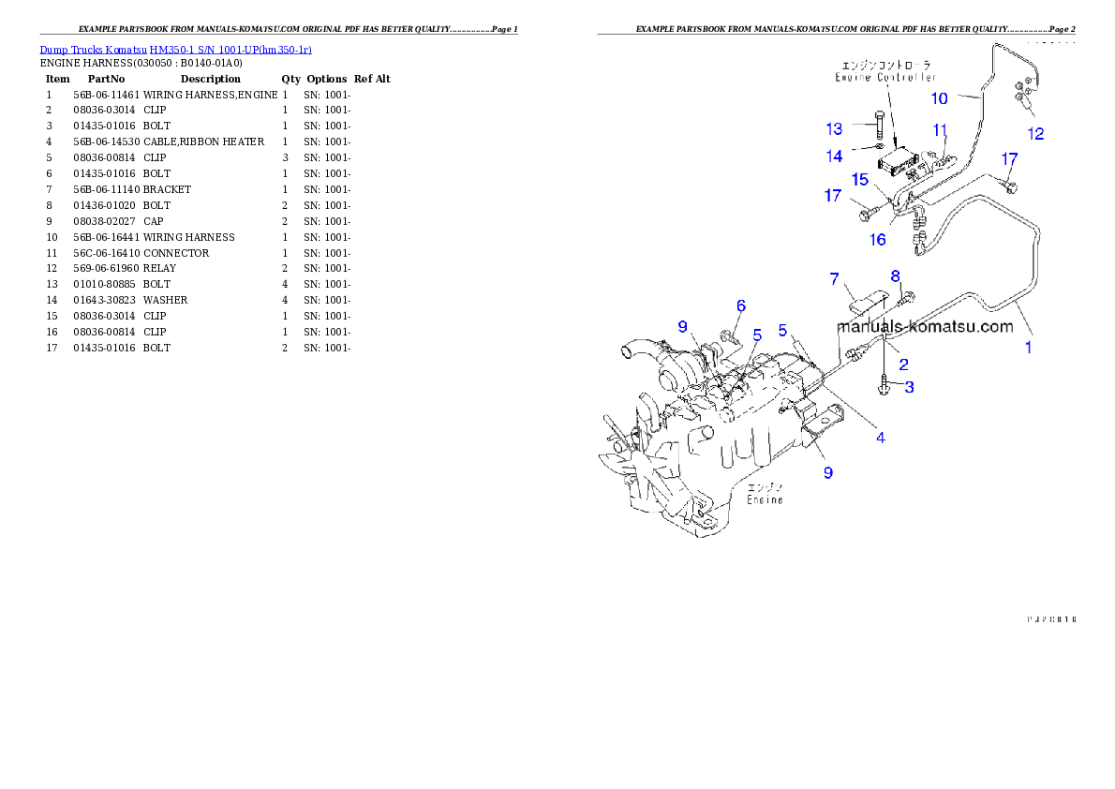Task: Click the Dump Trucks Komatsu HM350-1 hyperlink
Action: [x=175, y=50]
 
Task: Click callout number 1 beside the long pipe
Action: [x=1028, y=348]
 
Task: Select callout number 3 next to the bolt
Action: [x=908, y=386]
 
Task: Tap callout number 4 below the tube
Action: [x=880, y=436]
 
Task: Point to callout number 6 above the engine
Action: [x=740, y=305]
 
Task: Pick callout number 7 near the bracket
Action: [x=833, y=279]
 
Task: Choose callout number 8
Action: [x=895, y=276]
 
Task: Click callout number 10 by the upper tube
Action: [x=939, y=98]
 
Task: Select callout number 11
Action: [x=940, y=130]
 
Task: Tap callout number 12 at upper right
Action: [x=1035, y=134]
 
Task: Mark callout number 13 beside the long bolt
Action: [x=834, y=128]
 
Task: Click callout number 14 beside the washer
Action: [x=834, y=156]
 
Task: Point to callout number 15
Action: [x=859, y=179]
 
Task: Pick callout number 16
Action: [x=877, y=239]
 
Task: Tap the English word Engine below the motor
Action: [x=765, y=500]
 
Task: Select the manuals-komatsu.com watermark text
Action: [x=925, y=327]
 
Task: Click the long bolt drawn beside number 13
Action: [x=880, y=126]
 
